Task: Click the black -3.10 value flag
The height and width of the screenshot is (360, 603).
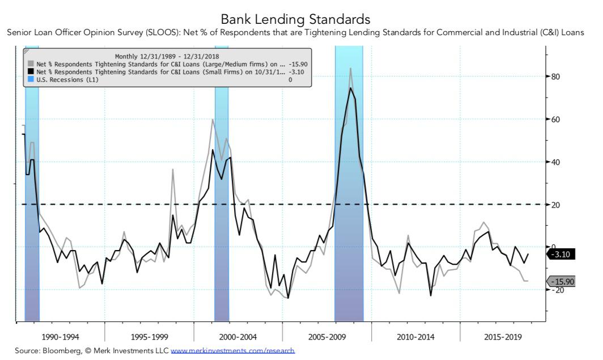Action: coord(562,255)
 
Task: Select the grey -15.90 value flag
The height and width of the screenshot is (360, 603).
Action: coord(562,282)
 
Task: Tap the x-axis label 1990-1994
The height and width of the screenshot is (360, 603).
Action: coord(60,337)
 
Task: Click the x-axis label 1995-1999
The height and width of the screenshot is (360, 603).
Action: coord(149,337)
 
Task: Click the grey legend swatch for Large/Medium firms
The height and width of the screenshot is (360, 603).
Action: coord(31,64)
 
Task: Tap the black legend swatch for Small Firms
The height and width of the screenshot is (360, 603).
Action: coord(31,72)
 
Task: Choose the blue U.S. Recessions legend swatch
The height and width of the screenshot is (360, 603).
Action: coord(31,80)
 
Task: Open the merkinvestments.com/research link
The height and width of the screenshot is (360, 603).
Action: coord(232,351)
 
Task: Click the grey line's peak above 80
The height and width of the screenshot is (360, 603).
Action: coord(351,69)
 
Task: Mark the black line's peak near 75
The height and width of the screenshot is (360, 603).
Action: coord(351,88)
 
